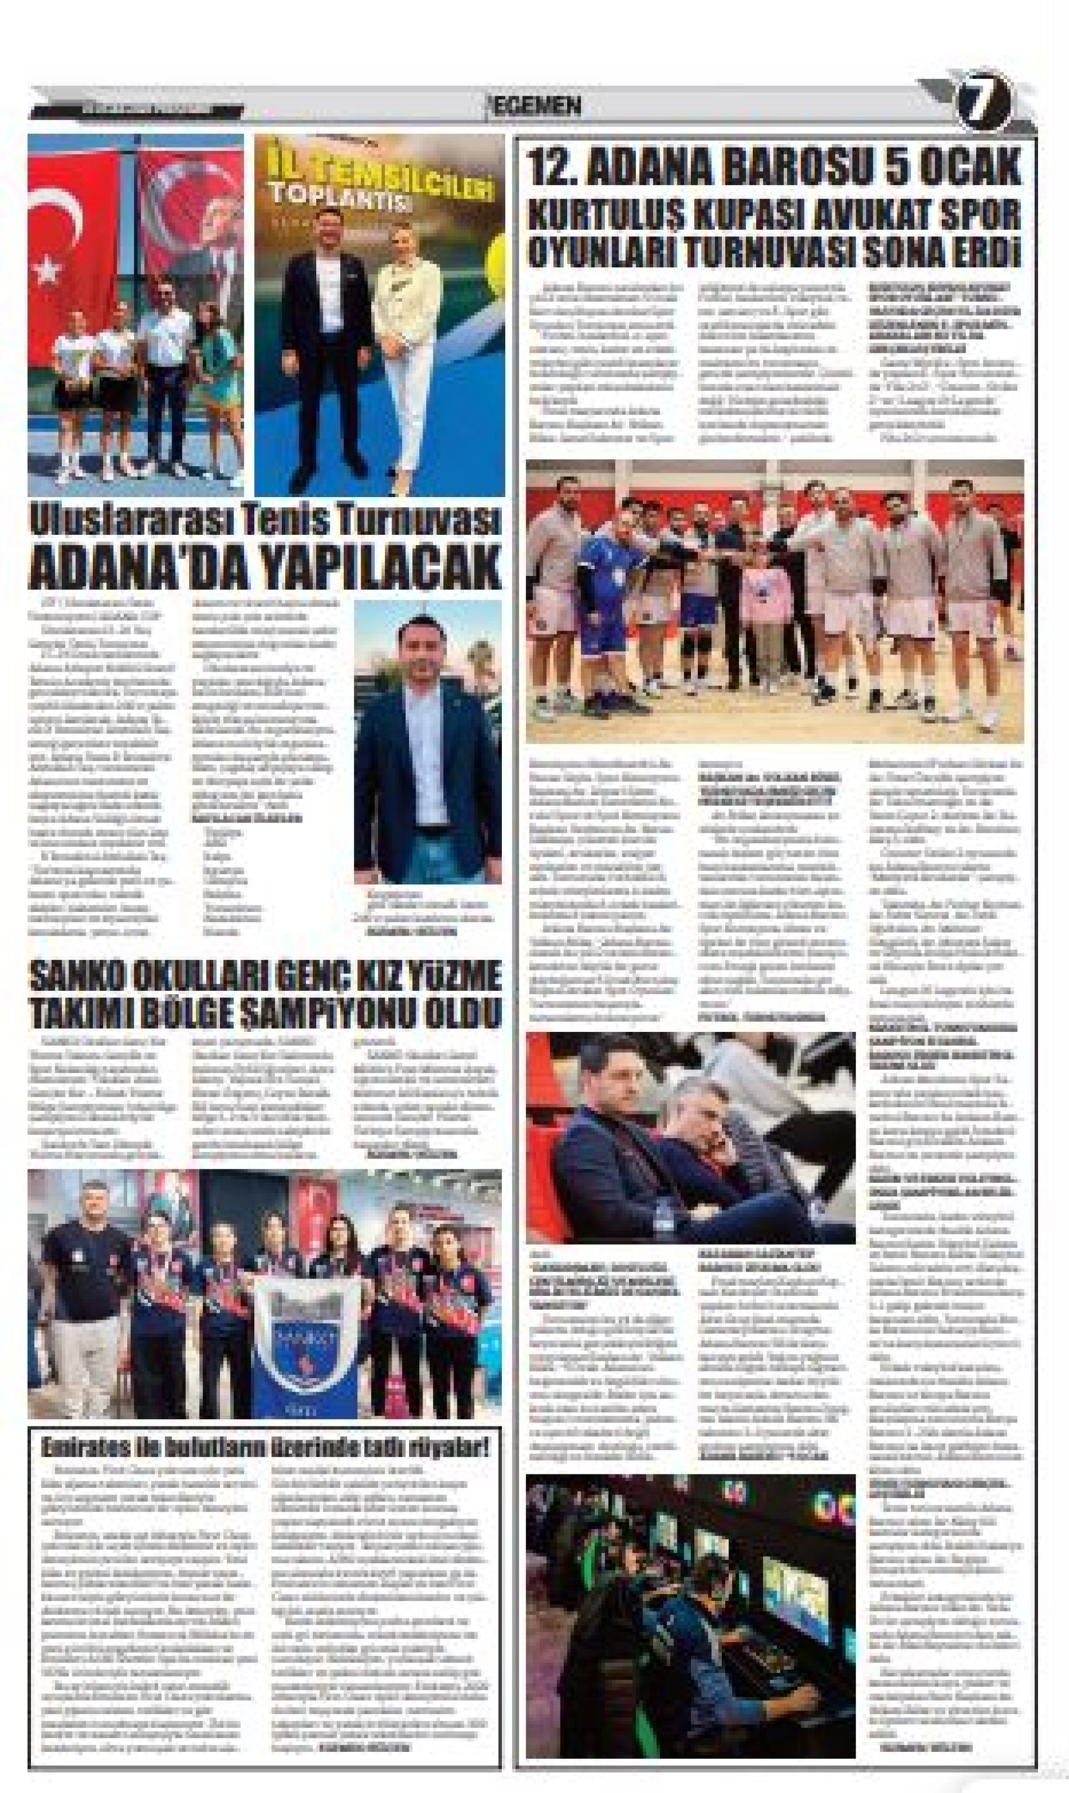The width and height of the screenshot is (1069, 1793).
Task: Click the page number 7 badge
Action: [985, 106]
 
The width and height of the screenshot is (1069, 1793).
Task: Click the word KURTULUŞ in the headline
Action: [601, 214]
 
